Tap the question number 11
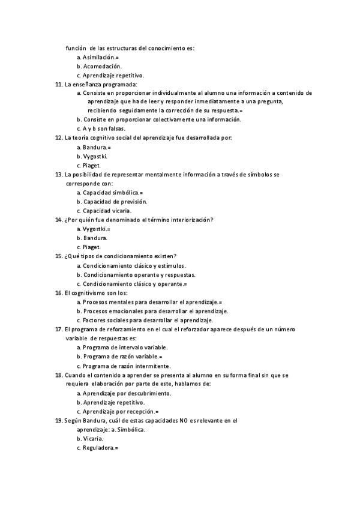tap(58, 85)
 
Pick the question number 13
tap(58, 174)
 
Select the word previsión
tap(129, 202)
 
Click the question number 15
tap(58, 256)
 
